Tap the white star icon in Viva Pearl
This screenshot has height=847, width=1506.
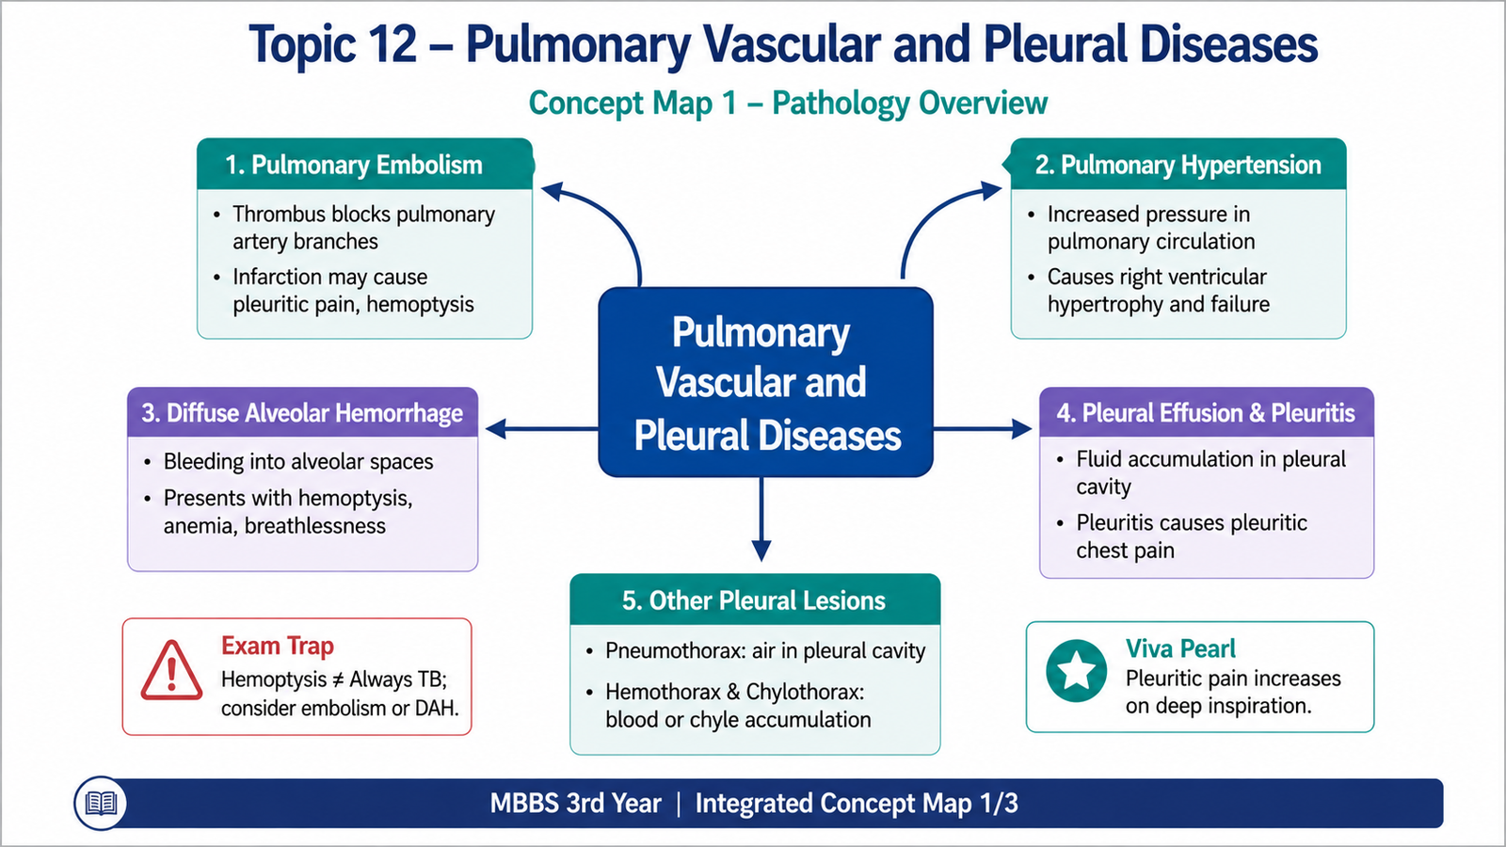point(1077,670)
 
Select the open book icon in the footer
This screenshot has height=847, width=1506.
point(101,804)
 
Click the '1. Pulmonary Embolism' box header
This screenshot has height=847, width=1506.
point(365,164)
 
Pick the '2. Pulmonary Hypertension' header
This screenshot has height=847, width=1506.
point(1178,164)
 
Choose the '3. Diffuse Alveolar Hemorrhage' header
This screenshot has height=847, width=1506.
point(302,412)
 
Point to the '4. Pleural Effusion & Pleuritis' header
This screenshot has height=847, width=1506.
point(1207,412)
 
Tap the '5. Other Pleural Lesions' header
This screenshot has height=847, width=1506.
point(755,599)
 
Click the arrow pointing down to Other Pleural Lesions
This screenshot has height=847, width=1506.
point(761,519)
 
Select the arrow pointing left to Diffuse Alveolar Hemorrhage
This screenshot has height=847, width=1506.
point(542,429)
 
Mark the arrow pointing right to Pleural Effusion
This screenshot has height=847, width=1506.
point(983,429)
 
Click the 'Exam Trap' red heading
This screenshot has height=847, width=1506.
point(278,646)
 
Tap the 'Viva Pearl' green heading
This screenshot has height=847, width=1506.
point(1180,648)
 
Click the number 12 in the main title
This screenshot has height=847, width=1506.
point(393,44)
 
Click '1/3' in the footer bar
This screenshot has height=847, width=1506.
point(997,804)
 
